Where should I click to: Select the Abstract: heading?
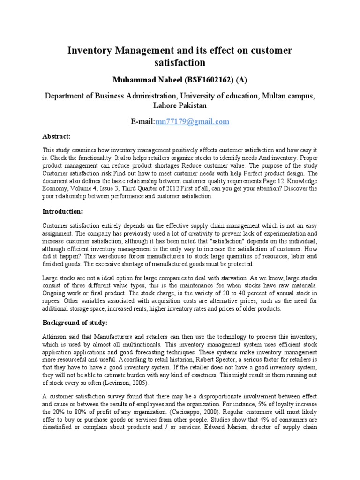(56, 136)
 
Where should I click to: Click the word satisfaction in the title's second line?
(180, 62)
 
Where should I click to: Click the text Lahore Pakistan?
(180, 106)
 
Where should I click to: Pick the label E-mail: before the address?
(142, 121)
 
